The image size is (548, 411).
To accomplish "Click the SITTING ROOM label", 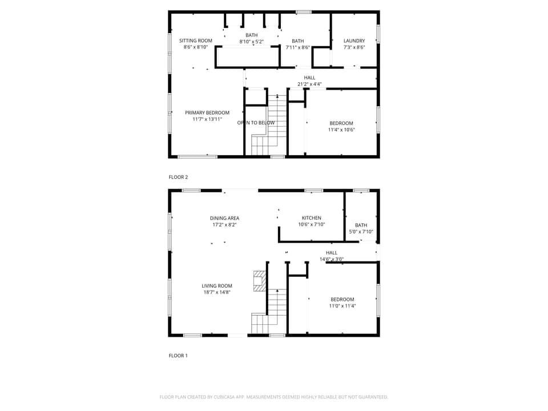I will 196,41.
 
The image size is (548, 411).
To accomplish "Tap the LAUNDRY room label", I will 354,41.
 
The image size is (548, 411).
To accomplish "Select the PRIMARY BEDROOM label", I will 207,112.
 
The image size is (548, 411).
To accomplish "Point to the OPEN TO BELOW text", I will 256,123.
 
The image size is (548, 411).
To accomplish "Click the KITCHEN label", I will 311,217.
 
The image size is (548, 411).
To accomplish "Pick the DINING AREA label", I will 224,217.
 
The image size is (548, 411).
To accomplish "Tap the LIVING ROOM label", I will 217,286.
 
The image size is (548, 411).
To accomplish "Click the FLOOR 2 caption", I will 178,177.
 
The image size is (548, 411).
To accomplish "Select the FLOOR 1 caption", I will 178,356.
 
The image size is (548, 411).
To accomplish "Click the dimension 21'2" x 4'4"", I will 309,84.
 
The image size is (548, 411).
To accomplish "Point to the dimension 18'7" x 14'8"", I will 217,292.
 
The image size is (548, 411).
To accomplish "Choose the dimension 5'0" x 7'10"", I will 361,232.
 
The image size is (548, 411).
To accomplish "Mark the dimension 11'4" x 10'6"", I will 341,130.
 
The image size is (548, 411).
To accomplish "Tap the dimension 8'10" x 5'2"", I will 251,42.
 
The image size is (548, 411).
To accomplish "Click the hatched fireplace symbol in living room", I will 260,280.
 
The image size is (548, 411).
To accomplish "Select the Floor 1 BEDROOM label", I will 342,299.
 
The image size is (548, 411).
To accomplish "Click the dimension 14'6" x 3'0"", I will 331,259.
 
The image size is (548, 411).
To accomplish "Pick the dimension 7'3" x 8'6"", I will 354,47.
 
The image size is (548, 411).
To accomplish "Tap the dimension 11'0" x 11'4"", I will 342,306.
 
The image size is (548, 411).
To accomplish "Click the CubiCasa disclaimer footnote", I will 273,397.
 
